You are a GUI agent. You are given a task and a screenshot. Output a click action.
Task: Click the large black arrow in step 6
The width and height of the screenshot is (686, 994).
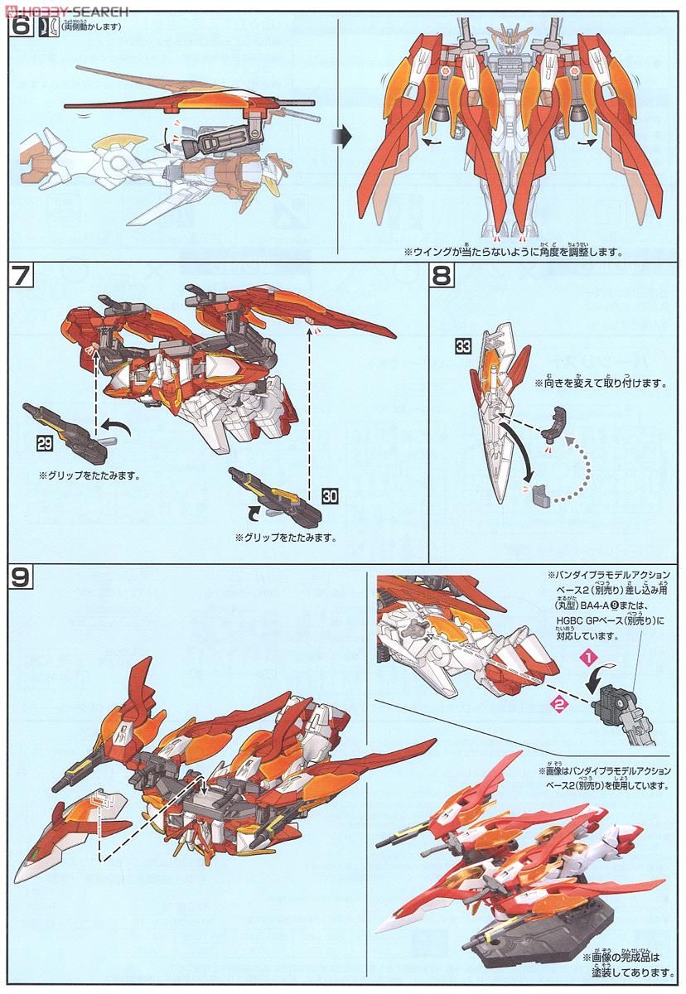(x=341, y=135)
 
